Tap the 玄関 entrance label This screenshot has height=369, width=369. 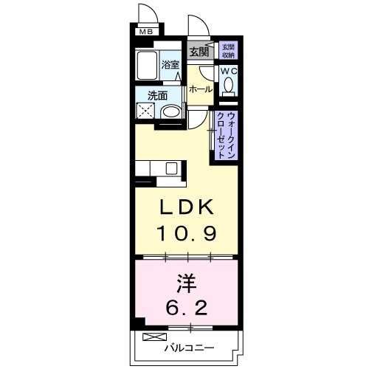[198, 52]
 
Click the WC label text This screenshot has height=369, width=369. [229, 72]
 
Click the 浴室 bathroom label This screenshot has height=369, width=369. [170, 65]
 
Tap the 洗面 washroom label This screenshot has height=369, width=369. [156, 96]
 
